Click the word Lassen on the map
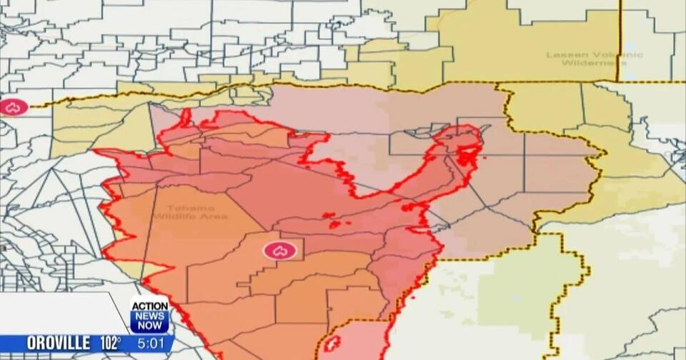562,55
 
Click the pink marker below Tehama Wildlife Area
279,251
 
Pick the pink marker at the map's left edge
13,108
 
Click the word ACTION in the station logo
150,306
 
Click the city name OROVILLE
58,343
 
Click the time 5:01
151,344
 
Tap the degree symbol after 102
119,339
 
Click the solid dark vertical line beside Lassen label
620,39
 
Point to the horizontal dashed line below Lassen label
557,82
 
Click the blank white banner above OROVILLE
57,313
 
